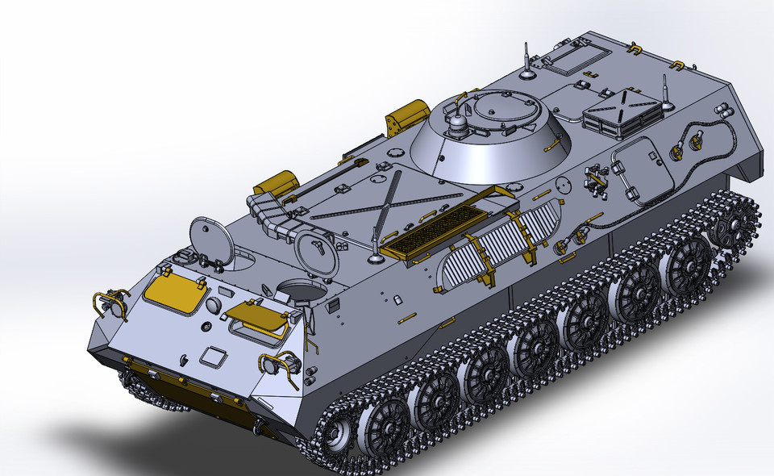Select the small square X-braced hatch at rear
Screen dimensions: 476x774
pyautogui.click(x=625, y=112)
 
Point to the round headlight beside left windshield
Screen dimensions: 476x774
pyautogui.click(x=214, y=305)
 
